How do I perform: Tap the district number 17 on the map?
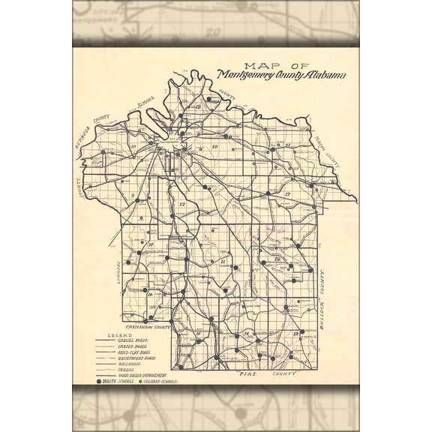click(x=287, y=194)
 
